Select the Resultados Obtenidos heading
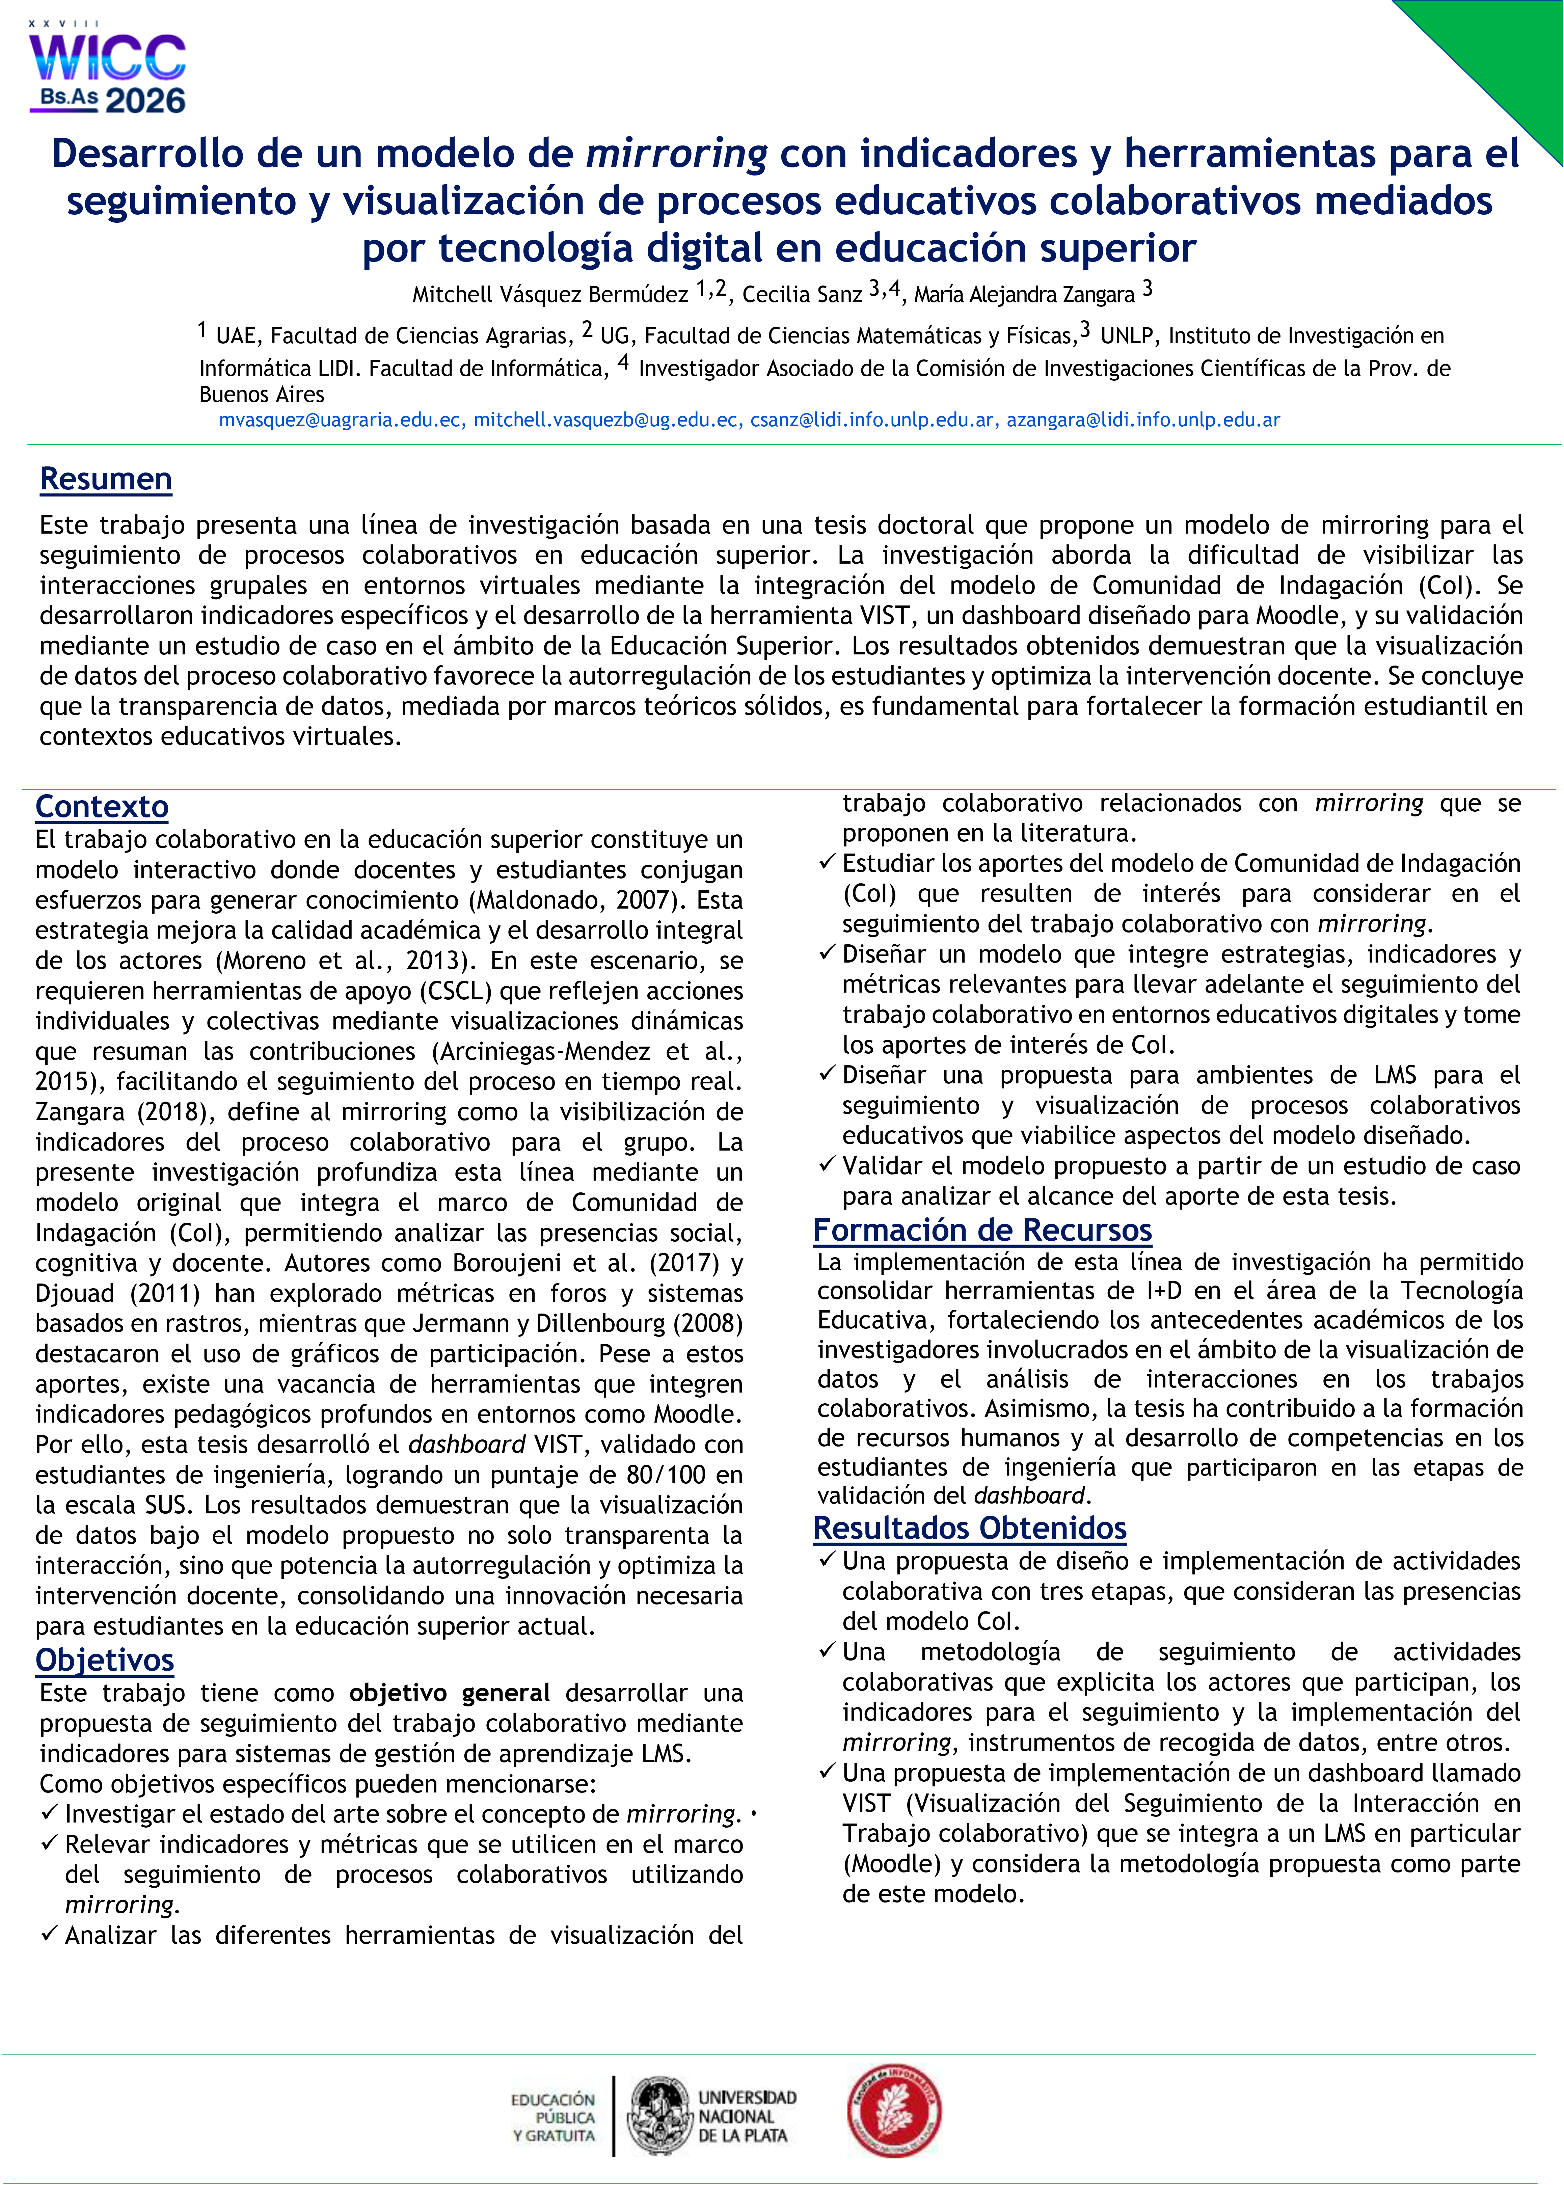tap(970, 1528)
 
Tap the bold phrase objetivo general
tap(450, 1693)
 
